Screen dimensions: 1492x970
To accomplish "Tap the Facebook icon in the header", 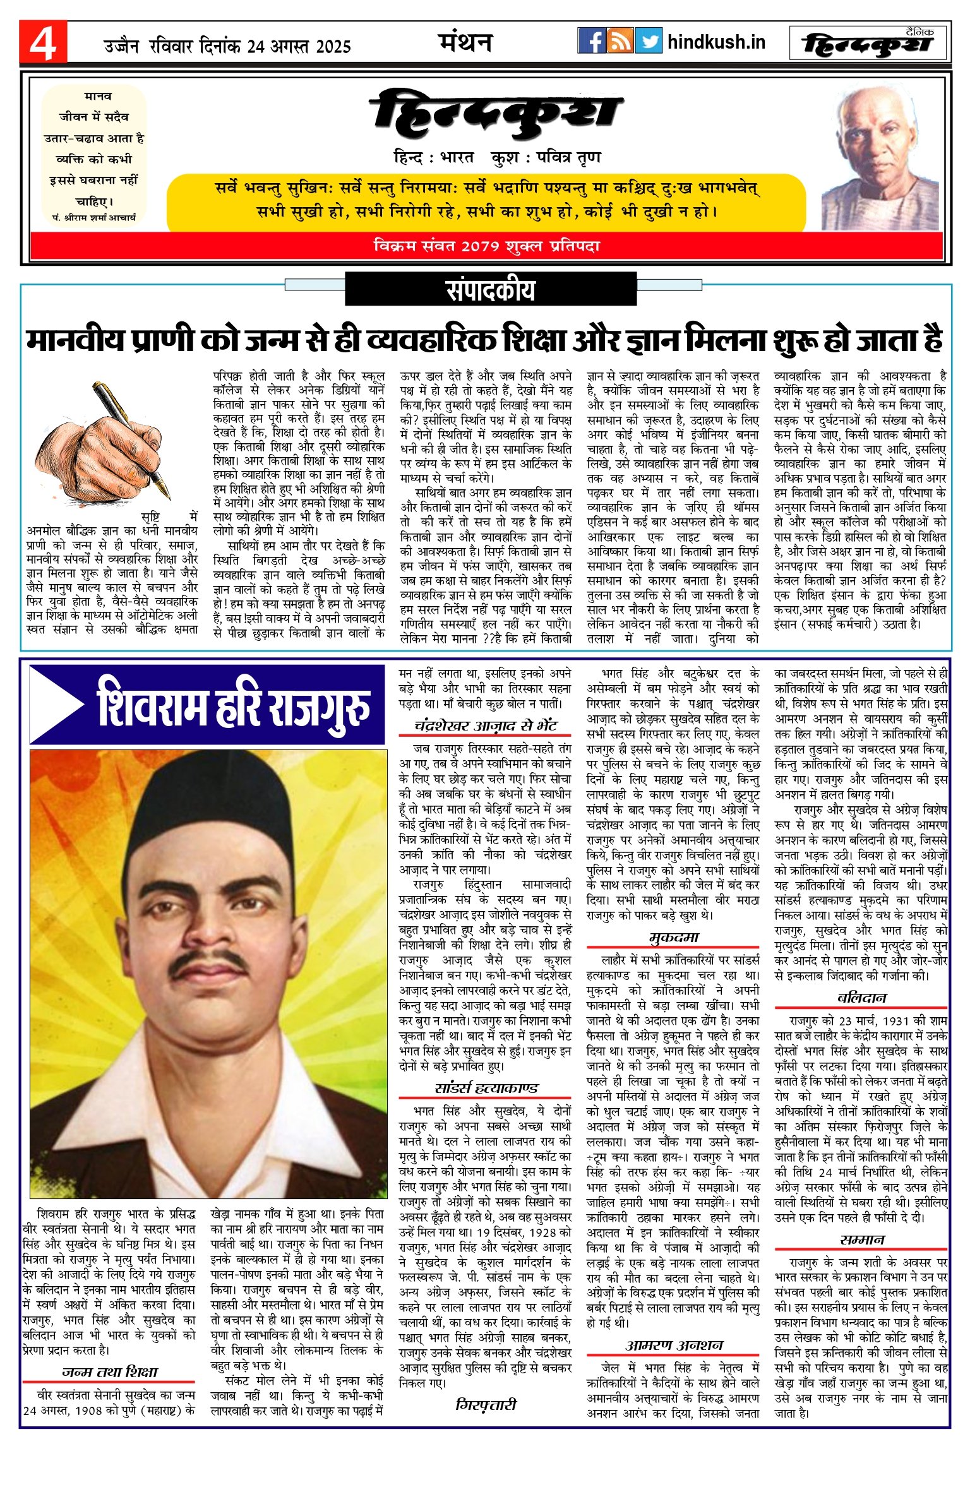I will (x=591, y=41).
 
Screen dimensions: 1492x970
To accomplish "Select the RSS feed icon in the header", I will (x=620, y=41).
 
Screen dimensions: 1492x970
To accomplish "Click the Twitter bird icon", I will (x=649, y=41).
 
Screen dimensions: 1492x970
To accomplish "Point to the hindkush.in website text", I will (x=716, y=42).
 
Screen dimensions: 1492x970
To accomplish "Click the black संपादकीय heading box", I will (x=490, y=290).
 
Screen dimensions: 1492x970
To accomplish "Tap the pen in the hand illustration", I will (x=133, y=436).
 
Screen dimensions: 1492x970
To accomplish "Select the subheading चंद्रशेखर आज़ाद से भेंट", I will (x=485, y=725).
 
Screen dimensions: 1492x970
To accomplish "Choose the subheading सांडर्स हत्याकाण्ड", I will (x=485, y=1088).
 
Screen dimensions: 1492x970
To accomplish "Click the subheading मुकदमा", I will (x=674, y=938).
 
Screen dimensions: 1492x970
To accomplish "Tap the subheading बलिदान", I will (x=862, y=998).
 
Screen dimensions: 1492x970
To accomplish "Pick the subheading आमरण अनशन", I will (x=674, y=1346).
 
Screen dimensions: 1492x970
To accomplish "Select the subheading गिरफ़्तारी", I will (x=485, y=1405).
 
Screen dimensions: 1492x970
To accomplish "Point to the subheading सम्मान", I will (x=862, y=1239).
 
